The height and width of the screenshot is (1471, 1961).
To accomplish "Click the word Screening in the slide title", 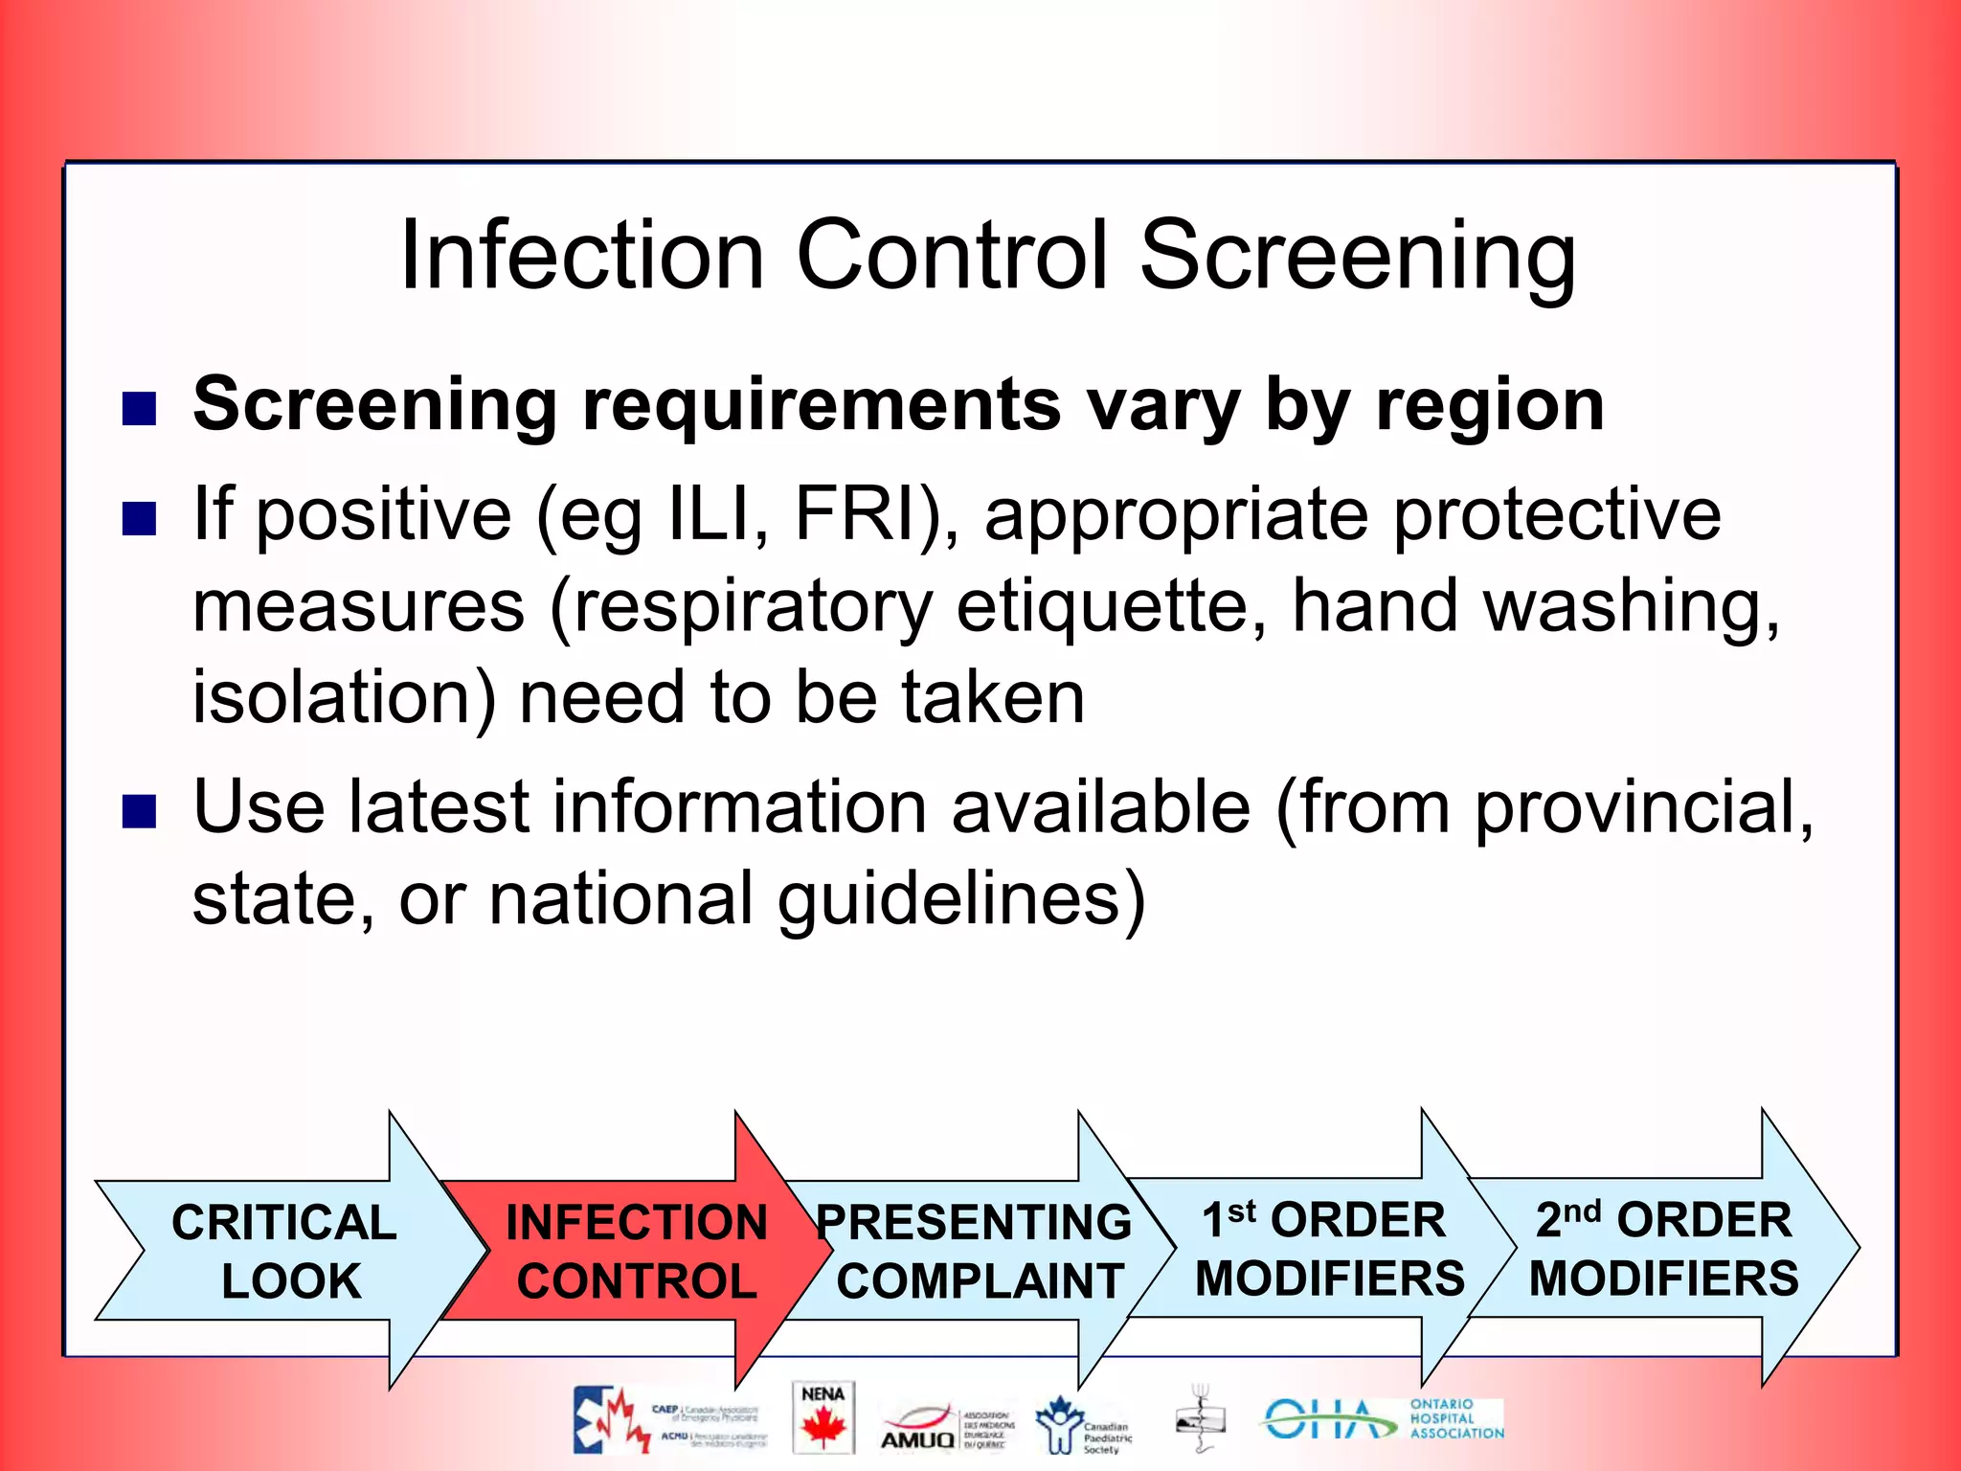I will (x=1357, y=255).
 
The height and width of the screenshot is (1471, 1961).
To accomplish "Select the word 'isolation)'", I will (x=344, y=697).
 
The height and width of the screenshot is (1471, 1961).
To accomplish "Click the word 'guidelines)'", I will (x=960, y=900).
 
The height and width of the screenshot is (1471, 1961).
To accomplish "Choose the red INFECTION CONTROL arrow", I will (x=636, y=1251).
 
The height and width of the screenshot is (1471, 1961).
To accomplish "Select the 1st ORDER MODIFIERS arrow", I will (x=1326, y=1249).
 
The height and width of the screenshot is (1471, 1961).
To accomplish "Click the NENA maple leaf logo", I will (x=823, y=1418).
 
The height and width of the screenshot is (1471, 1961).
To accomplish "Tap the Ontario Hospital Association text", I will (x=1455, y=1419).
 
